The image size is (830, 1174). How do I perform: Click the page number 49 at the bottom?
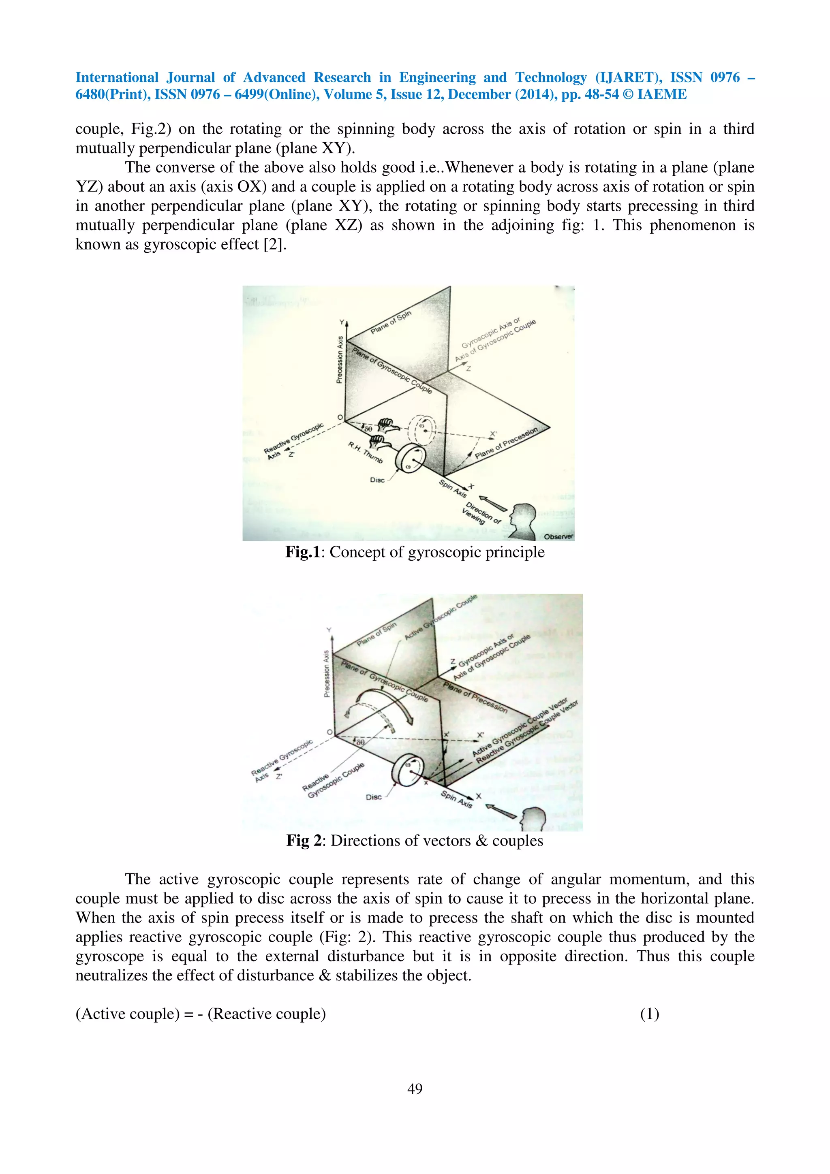click(415, 1089)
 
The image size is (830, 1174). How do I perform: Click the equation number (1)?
click(650, 1014)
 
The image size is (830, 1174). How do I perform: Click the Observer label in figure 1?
click(558, 536)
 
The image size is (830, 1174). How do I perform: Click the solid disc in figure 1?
click(410, 459)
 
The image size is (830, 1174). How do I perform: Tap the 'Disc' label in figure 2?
click(373, 797)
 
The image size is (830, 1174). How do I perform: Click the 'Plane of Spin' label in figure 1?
click(391, 322)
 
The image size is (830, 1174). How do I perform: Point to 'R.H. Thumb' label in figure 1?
click(365, 453)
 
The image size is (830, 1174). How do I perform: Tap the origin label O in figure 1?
click(340, 418)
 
